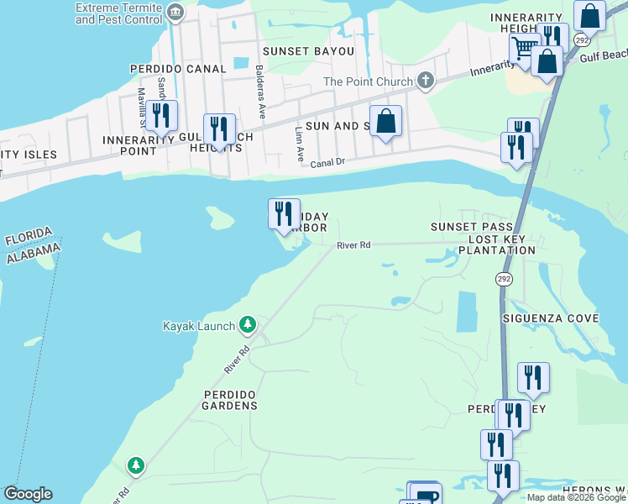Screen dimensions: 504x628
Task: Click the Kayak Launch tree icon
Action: coord(247,324)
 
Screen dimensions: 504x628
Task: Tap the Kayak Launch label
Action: coord(199,326)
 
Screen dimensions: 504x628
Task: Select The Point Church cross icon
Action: coord(426,81)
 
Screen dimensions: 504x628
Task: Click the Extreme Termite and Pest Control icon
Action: coord(175,11)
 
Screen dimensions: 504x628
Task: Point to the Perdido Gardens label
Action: coord(229,400)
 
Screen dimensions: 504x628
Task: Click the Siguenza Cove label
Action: coord(550,318)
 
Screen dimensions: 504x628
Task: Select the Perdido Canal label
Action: coord(178,69)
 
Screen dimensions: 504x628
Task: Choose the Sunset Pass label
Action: coord(471,227)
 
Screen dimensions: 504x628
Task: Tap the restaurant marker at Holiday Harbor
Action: coord(284,213)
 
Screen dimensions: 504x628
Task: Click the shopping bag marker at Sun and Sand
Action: coord(385,121)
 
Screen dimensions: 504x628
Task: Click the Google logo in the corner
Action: coord(28,494)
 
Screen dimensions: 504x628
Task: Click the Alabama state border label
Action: coord(34,250)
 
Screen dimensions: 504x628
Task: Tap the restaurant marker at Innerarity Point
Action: coord(161,117)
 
